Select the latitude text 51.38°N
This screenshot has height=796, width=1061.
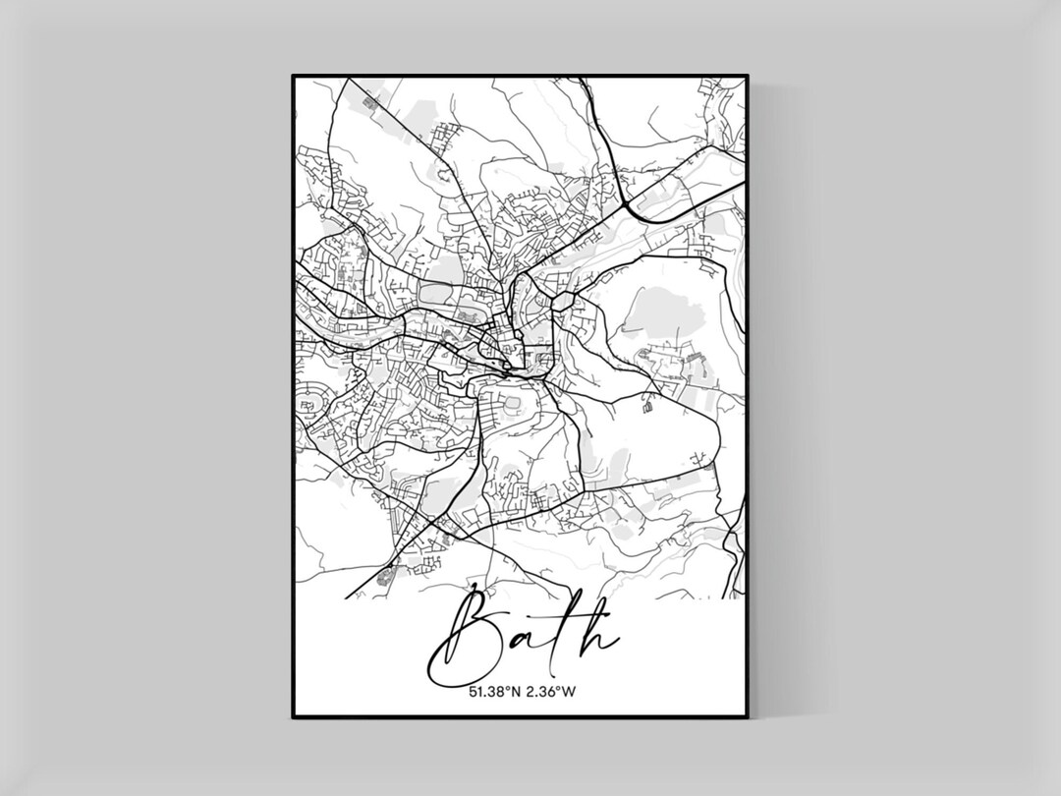click(494, 692)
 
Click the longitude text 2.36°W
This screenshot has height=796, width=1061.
click(550, 692)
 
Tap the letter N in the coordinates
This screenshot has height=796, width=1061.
click(516, 692)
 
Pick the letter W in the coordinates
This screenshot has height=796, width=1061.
click(569, 692)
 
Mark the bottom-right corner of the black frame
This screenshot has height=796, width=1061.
click(747, 716)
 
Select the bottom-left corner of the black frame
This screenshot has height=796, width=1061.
click(294, 716)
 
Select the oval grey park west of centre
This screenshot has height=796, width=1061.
click(436, 292)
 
